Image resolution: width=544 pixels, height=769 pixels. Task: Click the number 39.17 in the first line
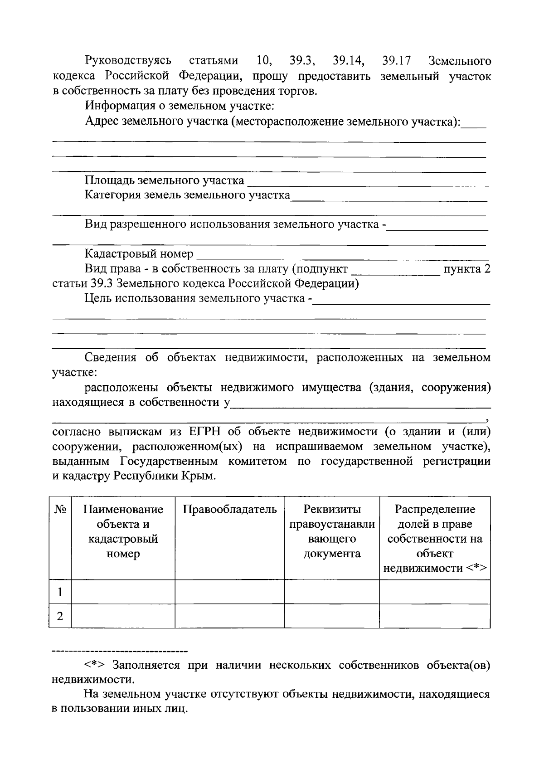396,60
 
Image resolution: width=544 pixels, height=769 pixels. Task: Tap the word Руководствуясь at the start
128,60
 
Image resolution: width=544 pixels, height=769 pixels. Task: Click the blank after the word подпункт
396,271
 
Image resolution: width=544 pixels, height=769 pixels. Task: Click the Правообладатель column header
229,509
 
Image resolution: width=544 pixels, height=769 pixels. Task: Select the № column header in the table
60,509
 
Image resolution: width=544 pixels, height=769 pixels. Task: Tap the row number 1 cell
60,592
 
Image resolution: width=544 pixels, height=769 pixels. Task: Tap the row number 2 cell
60,616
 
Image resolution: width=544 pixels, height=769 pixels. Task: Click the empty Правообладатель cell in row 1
229,592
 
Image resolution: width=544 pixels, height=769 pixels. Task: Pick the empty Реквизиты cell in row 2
331,616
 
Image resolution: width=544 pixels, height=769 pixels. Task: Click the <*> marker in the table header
476,568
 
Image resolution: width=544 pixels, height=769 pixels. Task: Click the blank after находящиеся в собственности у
360,403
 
